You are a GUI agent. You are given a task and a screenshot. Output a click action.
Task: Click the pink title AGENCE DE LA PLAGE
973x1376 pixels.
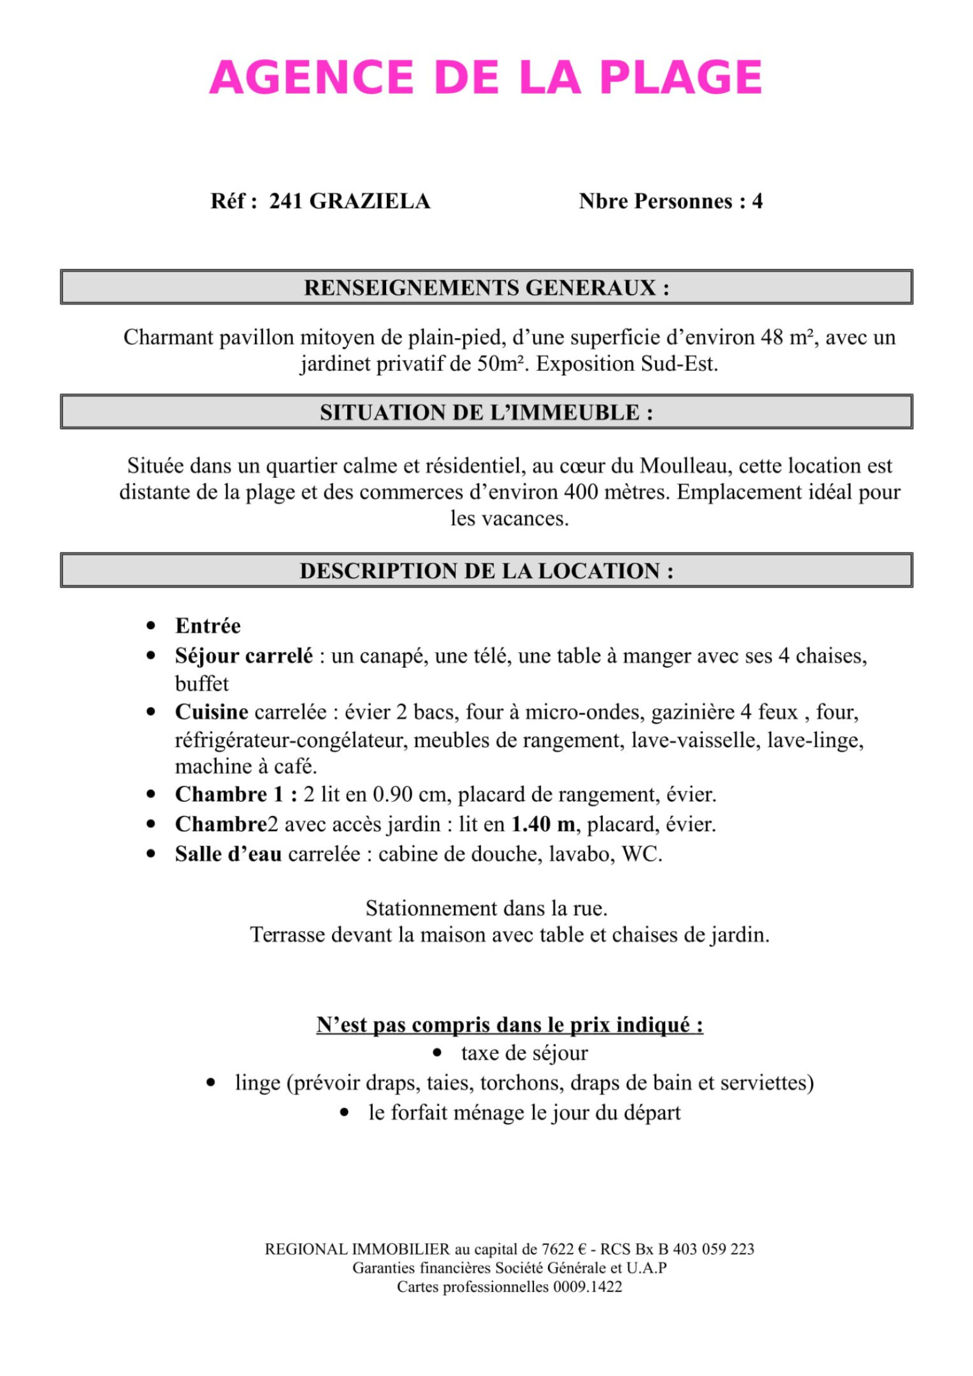[x=485, y=78]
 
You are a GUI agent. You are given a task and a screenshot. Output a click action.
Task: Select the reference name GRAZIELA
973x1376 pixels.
[x=370, y=201]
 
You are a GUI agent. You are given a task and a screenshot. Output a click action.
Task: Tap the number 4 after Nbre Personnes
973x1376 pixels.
[x=757, y=201]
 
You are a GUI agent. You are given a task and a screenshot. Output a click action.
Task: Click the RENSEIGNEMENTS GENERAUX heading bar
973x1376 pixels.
[x=486, y=287]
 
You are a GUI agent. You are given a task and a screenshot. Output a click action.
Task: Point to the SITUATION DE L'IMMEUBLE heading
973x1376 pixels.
[x=486, y=412]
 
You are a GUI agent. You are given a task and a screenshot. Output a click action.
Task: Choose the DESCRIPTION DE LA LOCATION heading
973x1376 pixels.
[x=486, y=570]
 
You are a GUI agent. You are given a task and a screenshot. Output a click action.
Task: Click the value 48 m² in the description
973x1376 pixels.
[x=787, y=337]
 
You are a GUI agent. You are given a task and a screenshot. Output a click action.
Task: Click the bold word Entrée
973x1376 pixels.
[x=208, y=626]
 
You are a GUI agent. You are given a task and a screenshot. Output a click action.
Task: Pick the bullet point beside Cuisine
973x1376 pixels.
[x=151, y=711]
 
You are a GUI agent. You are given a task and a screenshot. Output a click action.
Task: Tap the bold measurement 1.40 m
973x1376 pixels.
[x=543, y=824]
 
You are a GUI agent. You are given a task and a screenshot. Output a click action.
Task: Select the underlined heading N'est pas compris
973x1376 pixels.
[x=510, y=1025]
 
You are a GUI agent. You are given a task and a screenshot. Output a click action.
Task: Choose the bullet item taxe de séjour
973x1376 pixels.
[x=524, y=1053]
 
